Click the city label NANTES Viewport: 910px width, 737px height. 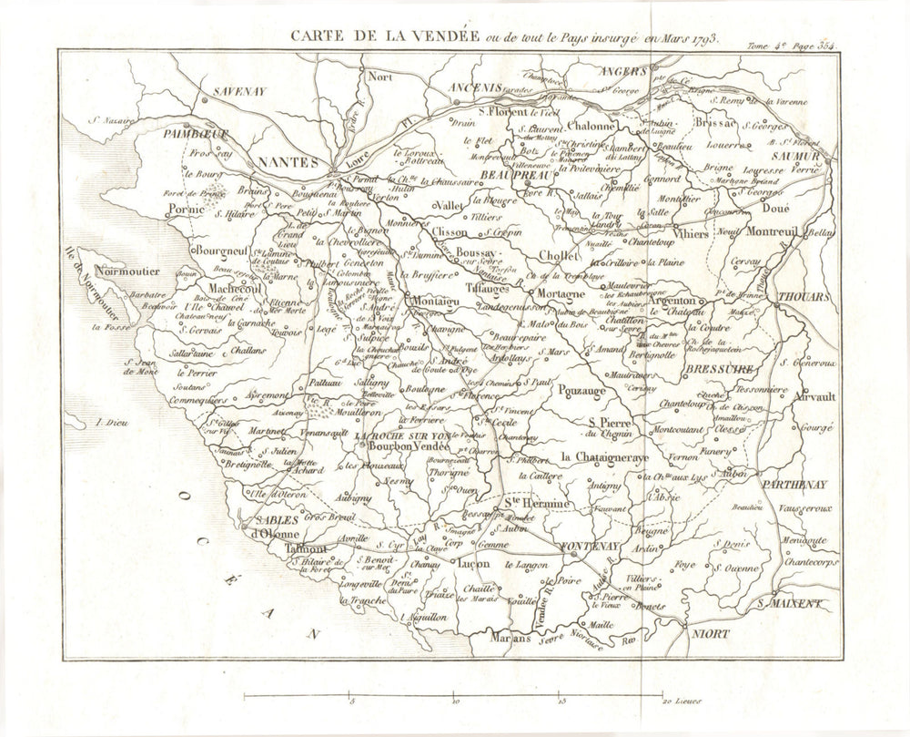tap(288, 161)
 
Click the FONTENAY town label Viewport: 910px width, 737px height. tap(590, 545)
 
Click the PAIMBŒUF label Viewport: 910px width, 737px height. tap(196, 133)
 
